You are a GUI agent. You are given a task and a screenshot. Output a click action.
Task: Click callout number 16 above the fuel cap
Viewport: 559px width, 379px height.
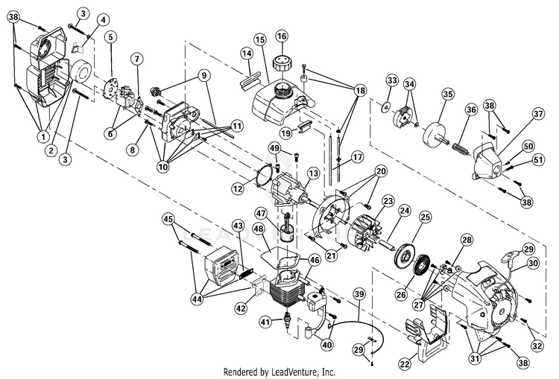pyautogui.click(x=281, y=36)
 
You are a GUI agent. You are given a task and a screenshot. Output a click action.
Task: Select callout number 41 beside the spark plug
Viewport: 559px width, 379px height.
pyautogui.click(x=265, y=322)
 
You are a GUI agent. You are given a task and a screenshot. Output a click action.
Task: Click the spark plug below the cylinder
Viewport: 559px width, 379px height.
pyautogui.click(x=284, y=325)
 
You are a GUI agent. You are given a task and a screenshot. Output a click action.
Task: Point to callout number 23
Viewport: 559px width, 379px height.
pyautogui.click(x=388, y=201)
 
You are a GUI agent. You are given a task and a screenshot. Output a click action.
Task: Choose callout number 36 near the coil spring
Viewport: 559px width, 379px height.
pyautogui.click(x=471, y=109)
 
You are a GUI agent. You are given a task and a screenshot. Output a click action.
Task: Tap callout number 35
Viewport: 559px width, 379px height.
pyautogui.click(x=447, y=94)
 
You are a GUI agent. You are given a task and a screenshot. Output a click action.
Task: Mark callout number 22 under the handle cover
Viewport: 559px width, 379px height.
pyautogui.click(x=405, y=364)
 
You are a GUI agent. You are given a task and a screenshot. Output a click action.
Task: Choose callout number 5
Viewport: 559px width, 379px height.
pyautogui.click(x=110, y=36)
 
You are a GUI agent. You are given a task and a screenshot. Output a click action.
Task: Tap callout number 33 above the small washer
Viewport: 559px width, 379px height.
pyautogui.click(x=391, y=80)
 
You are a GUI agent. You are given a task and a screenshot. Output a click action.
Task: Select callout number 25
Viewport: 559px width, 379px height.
pyautogui.click(x=426, y=217)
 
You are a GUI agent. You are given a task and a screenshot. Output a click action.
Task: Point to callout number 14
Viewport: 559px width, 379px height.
pyautogui.click(x=247, y=52)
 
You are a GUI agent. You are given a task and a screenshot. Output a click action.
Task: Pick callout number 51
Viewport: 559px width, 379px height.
pyautogui.click(x=528, y=159)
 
